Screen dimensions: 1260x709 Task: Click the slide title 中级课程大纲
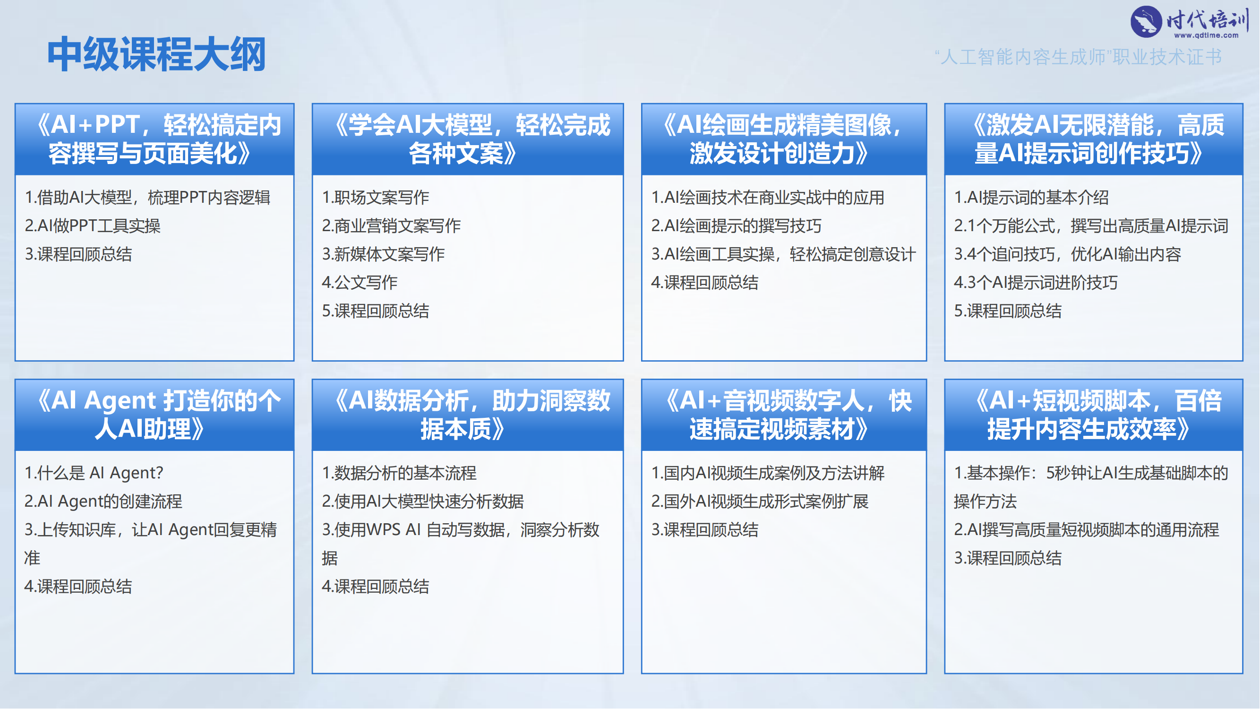click(x=156, y=54)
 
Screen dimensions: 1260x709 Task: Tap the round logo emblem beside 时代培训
click(x=1146, y=22)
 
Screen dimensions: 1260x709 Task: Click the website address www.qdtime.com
click(x=1206, y=35)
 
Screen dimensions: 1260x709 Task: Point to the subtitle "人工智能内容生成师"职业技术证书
click(x=1078, y=57)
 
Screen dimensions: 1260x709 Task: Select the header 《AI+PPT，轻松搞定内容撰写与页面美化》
click(x=154, y=139)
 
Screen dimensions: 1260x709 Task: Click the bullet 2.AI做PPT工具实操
click(x=93, y=225)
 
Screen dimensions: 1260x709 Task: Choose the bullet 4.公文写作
click(x=360, y=282)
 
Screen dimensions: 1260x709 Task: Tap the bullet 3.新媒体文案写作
click(x=383, y=254)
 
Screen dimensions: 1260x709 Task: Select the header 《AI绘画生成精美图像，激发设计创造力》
click(x=784, y=139)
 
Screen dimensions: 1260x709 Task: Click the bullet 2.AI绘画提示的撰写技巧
click(x=736, y=225)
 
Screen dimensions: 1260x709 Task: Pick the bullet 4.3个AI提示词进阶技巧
click(x=1036, y=282)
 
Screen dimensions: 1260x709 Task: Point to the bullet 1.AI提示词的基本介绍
click(x=1031, y=197)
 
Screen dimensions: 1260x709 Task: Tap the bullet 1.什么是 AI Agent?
click(x=94, y=473)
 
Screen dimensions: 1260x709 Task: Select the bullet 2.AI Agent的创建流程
click(x=103, y=501)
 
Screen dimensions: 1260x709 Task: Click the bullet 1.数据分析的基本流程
click(x=399, y=473)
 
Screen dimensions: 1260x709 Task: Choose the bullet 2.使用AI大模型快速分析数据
click(x=423, y=501)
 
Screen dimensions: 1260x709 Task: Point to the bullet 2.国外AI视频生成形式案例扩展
click(x=760, y=501)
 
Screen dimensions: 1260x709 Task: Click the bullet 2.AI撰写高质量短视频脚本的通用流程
click(x=1086, y=529)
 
